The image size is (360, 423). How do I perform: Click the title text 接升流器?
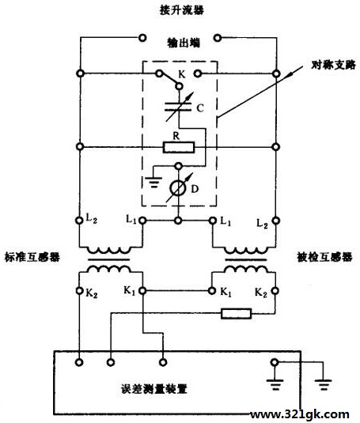(182, 10)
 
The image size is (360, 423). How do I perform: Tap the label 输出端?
(184, 43)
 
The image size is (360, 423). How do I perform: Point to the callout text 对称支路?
(333, 65)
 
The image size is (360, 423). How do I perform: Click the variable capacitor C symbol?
(179, 107)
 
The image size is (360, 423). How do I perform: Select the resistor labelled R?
(179, 147)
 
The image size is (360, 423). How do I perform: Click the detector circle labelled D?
(178, 188)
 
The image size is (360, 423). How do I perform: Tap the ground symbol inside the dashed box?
(153, 182)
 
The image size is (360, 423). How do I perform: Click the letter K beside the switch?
(182, 74)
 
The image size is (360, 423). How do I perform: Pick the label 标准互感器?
(32, 257)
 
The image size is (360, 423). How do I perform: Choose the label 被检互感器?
(324, 257)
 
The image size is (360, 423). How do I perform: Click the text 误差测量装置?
(153, 389)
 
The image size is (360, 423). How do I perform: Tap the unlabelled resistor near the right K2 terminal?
(236, 314)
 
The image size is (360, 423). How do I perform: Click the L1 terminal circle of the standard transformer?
(142, 221)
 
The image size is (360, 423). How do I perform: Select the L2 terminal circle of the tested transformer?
(275, 221)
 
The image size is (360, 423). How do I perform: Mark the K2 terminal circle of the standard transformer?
(79, 291)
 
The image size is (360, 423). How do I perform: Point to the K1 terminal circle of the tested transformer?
(212, 291)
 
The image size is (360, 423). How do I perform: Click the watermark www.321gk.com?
(300, 414)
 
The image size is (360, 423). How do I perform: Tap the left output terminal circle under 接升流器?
(142, 38)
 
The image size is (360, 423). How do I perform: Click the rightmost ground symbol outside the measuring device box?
(323, 384)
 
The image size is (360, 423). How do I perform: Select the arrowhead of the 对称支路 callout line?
(290, 74)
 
